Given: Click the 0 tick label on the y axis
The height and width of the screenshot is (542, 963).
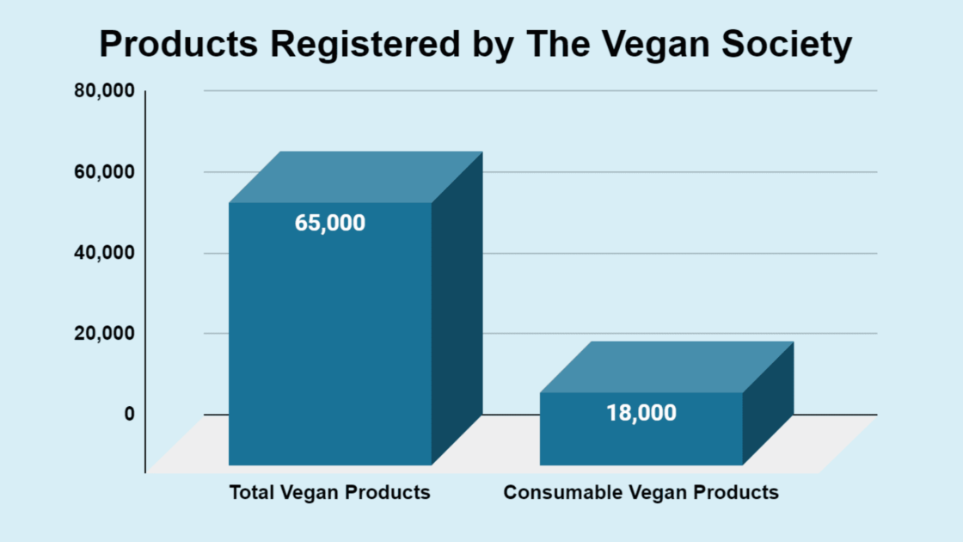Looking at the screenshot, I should (x=129, y=414).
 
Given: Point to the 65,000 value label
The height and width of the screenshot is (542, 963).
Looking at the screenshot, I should (x=329, y=223).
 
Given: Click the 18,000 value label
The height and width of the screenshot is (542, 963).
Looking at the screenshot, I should (x=641, y=413).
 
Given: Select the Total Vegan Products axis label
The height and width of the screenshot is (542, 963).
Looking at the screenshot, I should (x=329, y=493).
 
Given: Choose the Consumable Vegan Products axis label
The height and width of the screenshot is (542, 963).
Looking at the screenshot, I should (x=641, y=493).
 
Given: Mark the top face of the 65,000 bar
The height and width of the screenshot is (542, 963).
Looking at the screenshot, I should (x=355, y=177).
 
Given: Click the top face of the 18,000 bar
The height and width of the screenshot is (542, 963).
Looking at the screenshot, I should (x=666, y=366).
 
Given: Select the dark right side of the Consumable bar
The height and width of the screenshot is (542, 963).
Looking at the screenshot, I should (x=768, y=404).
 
